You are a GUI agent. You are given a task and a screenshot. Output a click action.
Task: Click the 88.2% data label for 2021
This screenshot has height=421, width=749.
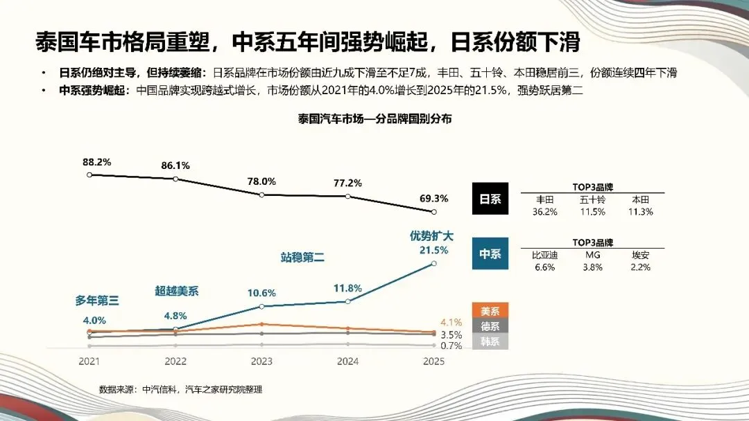(97, 162)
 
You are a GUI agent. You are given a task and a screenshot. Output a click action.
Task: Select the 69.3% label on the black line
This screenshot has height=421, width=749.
(433, 198)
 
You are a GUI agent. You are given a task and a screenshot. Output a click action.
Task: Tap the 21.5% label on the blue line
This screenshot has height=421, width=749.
(433, 250)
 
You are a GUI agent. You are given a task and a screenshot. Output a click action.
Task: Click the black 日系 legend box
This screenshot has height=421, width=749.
(490, 199)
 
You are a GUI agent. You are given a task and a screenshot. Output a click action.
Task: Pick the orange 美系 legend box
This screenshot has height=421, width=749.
(490, 311)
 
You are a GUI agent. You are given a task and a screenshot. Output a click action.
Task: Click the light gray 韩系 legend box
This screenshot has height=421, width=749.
(490, 341)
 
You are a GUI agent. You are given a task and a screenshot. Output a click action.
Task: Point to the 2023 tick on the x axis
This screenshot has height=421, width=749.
(261, 361)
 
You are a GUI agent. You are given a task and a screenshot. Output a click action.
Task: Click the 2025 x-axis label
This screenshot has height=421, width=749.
(433, 361)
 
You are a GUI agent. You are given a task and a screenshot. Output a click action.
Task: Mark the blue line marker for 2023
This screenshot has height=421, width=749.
(261, 306)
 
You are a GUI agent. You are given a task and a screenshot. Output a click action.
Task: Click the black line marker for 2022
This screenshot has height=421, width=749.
(175, 179)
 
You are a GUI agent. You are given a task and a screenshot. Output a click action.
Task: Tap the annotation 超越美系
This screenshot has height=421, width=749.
(176, 292)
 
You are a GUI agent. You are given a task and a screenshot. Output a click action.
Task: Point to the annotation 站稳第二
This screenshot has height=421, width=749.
(302, 257)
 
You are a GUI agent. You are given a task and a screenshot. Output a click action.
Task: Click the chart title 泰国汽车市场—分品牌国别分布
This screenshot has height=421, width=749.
(374, 118)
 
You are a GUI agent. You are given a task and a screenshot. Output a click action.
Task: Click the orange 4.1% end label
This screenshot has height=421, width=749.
(451, 322)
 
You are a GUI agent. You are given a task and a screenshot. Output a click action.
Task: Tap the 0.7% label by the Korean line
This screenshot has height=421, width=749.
(451, 346)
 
